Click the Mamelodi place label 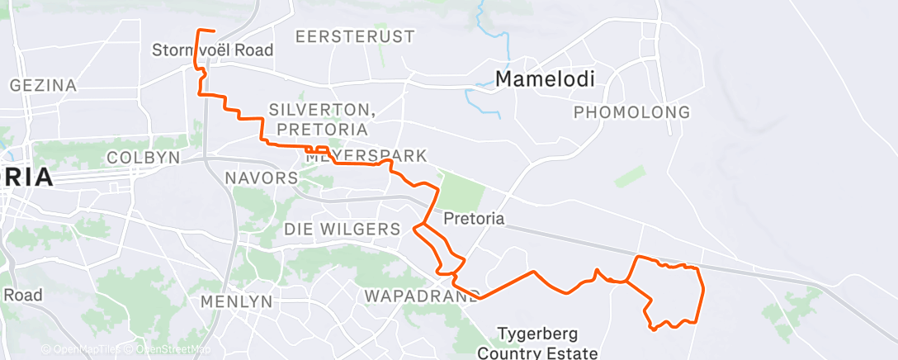click(x=546, y=78)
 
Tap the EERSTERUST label click(x=355, y=37)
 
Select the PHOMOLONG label click(x=631, y=111)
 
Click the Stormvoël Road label click(x=212, y=50)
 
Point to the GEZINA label click(x=43, y=85)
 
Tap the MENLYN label click(x=236, y=301)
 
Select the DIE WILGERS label click(x=343, y=229)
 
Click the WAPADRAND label click(x=421, y=296)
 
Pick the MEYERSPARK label click(x=366, y=156)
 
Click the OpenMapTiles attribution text click(x=83, y=350)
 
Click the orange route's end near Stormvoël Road click(x=214, y=31)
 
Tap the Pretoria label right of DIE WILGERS click(x=474, y=220)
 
